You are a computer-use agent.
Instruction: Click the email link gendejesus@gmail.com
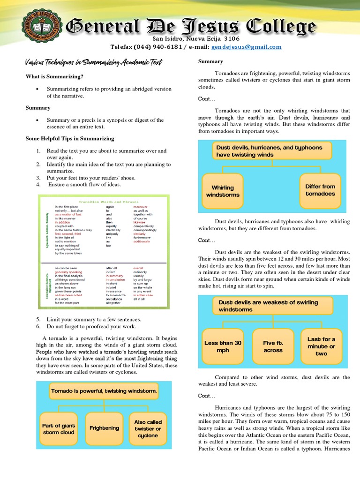(246, 47)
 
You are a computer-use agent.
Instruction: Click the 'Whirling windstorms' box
(223, 191)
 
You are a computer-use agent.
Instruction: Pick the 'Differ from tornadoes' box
(320, 190)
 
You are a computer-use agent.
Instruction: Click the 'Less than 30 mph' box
(223, 346)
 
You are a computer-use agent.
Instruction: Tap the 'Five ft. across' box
(273, 346)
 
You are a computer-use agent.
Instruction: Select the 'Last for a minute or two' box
(321, 346)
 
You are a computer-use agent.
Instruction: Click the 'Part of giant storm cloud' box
(59, 429)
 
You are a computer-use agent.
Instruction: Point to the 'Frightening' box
(104, 428)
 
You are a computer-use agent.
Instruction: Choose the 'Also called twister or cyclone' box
(148, 428)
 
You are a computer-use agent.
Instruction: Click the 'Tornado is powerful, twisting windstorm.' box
(104, 390)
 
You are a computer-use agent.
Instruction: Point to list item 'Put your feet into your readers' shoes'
(90, 178)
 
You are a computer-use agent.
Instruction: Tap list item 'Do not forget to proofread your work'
(91, 326)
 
